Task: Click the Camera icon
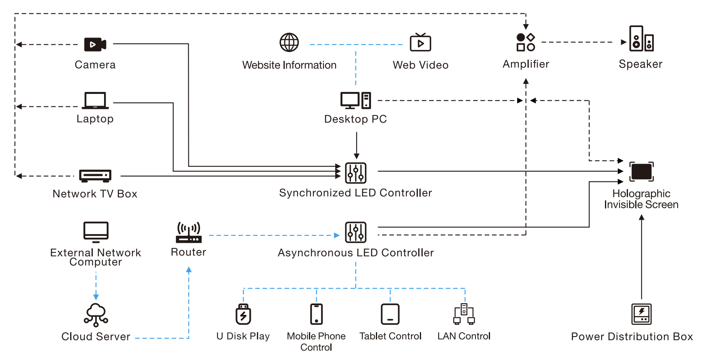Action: [x=95, y=44]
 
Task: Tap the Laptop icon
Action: [x=95, y=101]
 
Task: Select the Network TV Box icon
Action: [x=95, y=175]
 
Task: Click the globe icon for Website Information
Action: [x=289, y=42]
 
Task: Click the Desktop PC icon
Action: [x=355, y=100]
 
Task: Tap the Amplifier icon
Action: [x=526, y=42]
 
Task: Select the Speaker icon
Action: [x=641, y=39]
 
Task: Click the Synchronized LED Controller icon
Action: [x=356, y=173]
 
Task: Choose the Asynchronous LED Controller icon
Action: [x=356, y=232]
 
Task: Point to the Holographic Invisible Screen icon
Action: [x=641, y=172]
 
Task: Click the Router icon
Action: [x=189, y=233]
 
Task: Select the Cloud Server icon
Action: [x=96, y=314]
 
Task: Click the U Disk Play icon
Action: [x=243, y=314]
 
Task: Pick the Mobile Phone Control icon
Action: [x=317, y=314]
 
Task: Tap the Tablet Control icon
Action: [x=390, y=314]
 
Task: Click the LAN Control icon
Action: [x=464, y=314]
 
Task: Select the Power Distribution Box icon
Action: [x=641, y=314]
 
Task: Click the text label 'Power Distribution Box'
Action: [x=632, y=337]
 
